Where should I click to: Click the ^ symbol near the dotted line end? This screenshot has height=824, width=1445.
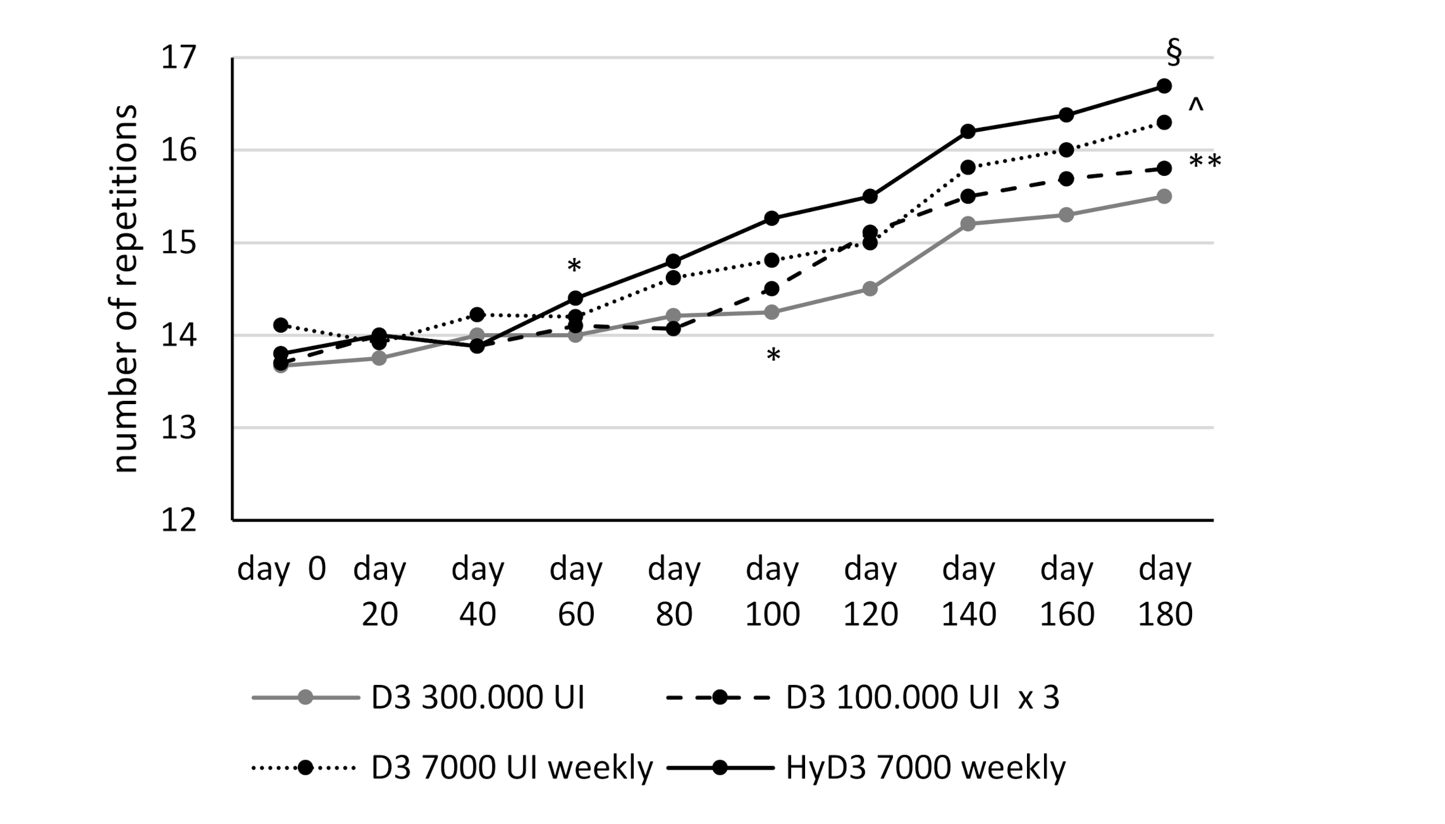point(1195,106)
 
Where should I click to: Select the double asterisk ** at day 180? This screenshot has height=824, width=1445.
point(1205,163)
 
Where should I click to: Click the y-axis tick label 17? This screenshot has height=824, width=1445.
point(179,58)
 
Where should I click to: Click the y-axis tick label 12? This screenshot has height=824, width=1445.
point(179,520)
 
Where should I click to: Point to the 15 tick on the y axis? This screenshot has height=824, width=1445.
point(179,243)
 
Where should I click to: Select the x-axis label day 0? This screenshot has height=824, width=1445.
point(281,569)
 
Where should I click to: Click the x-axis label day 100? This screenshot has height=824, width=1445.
point(772,591)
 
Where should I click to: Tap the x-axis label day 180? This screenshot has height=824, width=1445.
point(1165,591)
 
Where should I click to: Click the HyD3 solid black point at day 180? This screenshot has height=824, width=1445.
point(1164,86)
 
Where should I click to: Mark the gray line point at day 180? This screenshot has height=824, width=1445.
point(1164,196)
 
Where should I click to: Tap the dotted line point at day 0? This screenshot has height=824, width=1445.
point(281,325)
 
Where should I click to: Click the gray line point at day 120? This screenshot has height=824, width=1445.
point(870,289)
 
